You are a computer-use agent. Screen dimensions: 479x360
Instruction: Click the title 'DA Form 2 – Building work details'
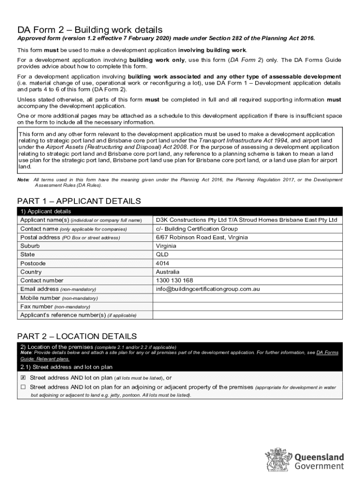[90, 29]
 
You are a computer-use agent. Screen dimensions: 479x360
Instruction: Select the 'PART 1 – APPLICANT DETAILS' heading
[79, 201]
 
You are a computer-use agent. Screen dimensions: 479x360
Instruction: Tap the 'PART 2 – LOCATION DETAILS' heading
[77, 336]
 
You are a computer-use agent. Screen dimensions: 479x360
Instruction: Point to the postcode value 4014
[163, 263]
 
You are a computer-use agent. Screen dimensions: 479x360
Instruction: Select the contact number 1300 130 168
[174, 281]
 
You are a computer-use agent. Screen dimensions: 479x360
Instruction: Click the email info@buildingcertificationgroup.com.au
[208, 289]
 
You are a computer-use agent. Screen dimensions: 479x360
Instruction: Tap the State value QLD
[162, 254]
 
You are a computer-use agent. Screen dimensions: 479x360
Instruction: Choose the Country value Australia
[167, 272]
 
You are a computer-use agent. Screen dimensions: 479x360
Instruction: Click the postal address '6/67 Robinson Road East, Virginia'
[202, 237]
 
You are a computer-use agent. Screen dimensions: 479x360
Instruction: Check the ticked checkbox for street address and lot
[23, 377]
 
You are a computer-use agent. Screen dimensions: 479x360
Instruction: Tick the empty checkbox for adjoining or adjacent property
[23, 387]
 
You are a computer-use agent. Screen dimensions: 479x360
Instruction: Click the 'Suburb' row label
[30, 246]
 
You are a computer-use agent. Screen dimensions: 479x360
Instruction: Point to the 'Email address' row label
[40, 289]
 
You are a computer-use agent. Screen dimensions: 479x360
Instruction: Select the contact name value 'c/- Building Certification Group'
[197, 229]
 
